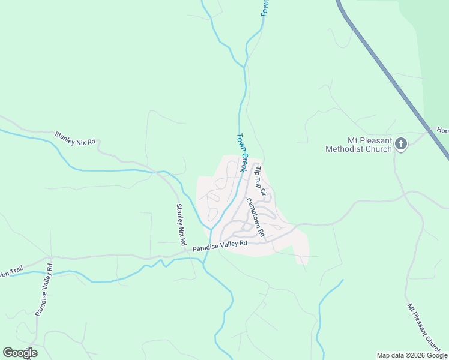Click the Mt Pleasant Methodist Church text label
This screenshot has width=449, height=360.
click(358, 145)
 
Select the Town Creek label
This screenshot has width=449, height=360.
click(242, 152)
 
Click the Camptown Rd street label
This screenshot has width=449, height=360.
click(255, 217)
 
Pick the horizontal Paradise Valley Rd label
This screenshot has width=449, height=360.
click(220, 245)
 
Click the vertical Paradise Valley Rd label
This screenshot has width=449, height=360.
click(43, 289)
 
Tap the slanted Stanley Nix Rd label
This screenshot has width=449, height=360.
click(75, 139)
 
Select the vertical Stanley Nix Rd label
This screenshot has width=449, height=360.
click(180, 224)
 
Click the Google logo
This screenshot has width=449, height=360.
click(20, 353)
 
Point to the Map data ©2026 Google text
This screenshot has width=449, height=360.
click(412, 355)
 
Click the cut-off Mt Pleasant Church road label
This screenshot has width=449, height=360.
click(427, 326)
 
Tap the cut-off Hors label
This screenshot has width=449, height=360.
click(442, 130)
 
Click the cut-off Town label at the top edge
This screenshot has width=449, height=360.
click(264, 8)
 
